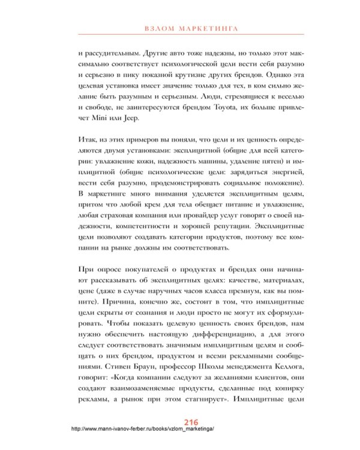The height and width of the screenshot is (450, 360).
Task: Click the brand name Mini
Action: click(91, 119)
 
